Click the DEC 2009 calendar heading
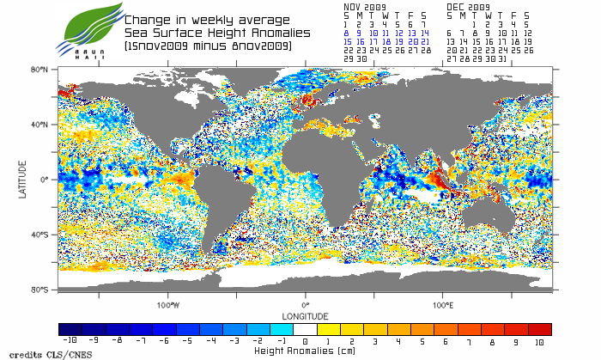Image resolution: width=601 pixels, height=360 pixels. point(468,6)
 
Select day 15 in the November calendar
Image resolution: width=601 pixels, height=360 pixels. point(347,40)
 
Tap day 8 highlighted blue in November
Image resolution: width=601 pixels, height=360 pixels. point(346,32)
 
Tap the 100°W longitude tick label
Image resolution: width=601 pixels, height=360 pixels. point(167,305)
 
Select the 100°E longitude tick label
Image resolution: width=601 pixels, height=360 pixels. point(443,305)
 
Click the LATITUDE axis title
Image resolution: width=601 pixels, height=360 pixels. point(23,179)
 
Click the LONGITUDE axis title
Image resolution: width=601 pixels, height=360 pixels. point(305,315)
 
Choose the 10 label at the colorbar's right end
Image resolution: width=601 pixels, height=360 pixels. point(539,342)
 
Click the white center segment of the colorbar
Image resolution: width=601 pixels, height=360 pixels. point(306,329)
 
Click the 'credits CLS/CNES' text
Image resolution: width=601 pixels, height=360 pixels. point(39,353)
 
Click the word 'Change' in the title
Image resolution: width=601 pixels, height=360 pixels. point(148,19)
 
